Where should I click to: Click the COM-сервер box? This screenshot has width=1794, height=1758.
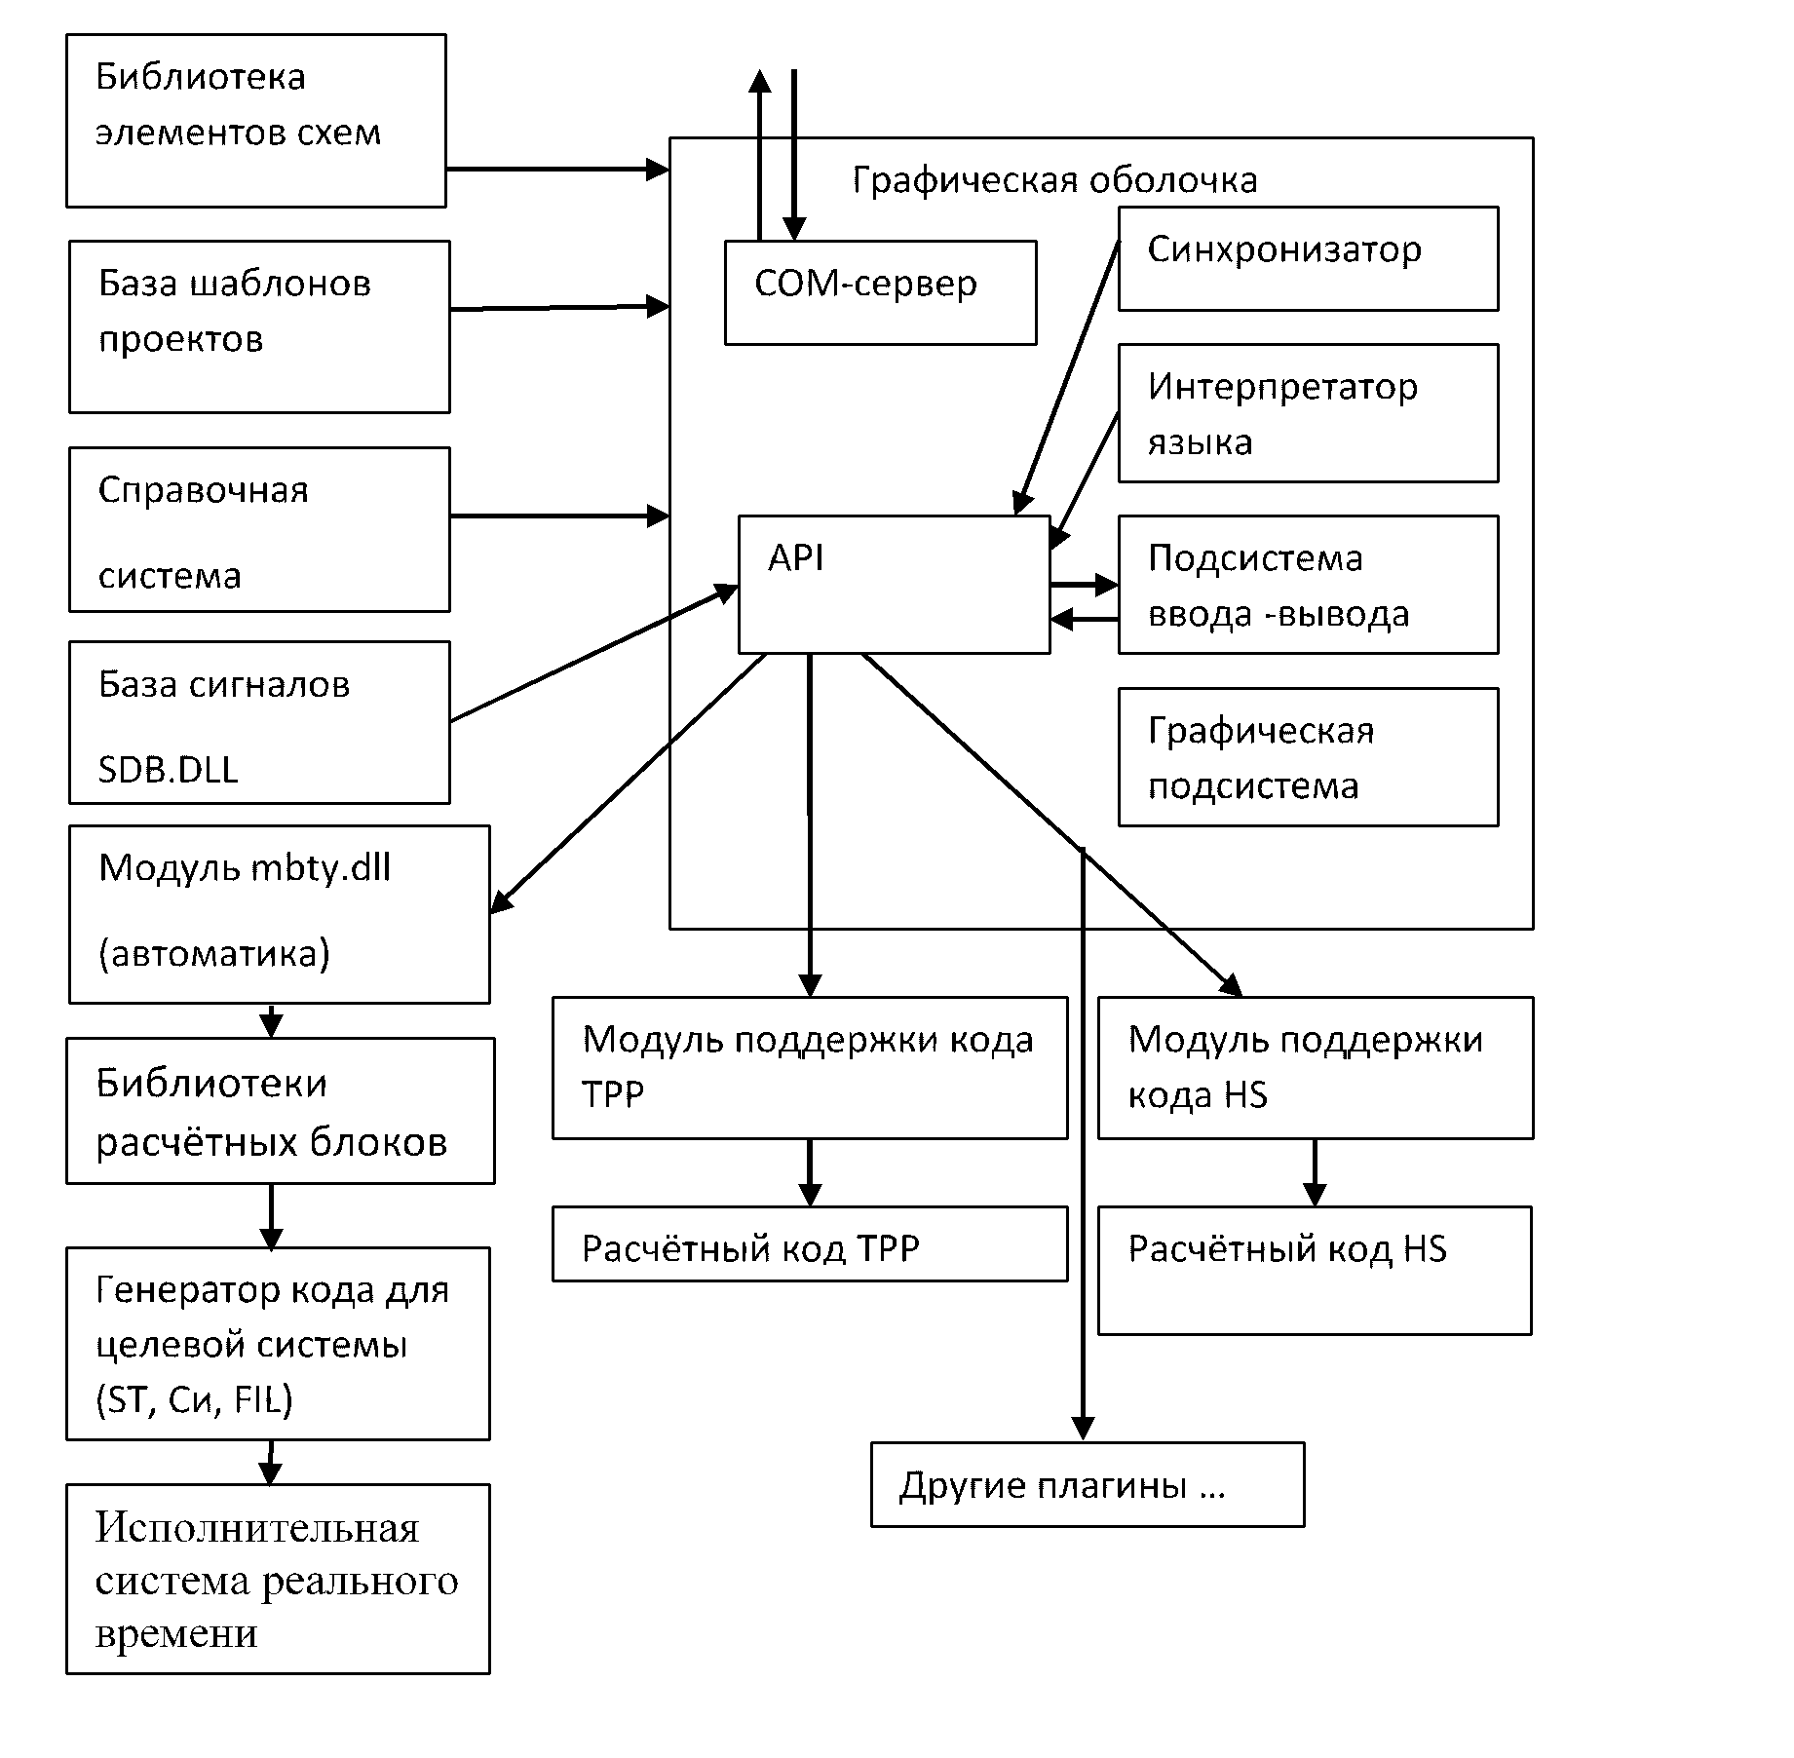[880, 292]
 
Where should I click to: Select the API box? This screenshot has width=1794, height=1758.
[894, 585]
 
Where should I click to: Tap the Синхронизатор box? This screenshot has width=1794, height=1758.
[1308, 258]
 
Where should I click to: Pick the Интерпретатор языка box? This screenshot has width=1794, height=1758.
[1308, 413]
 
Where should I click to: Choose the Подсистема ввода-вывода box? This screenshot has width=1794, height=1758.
[1308, 585]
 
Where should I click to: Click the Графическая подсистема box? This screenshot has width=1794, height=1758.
[1308, 757]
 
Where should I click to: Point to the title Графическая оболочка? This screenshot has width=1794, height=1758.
[1054, 180]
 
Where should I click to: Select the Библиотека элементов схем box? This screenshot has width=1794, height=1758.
[256, 121]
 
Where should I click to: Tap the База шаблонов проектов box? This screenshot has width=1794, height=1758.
[259, 327]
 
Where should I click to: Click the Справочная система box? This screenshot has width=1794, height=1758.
[259, 530]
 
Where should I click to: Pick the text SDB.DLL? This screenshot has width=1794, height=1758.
[169, 770]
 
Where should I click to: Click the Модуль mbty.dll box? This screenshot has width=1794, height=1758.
[280, 914]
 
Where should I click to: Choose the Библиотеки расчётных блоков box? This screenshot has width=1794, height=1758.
[281, 1111]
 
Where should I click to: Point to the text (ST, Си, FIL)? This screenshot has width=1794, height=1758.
[194, 1400]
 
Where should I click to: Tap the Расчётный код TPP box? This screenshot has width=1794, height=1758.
[810, 1243]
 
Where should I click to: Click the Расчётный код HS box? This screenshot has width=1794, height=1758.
[1315, 1270]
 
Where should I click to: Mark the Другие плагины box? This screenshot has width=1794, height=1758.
[1087, 1485]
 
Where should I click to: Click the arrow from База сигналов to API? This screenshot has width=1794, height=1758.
[594, 654]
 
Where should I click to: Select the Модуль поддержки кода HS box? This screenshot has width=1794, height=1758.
[1316, 1067]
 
